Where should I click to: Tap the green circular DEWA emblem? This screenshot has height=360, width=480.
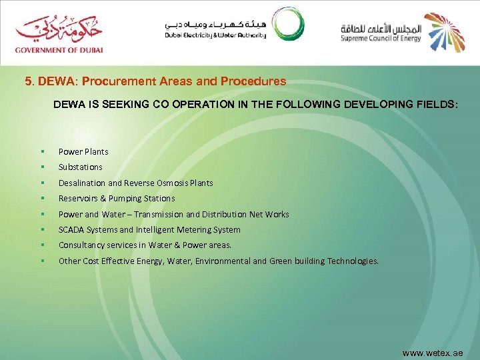(x=288, y=25)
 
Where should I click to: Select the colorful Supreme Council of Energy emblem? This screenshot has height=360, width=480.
(x=445, y=31)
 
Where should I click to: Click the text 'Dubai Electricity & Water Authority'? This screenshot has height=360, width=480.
(x=215, y=35)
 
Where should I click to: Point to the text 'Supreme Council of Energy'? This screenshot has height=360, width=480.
(x=380, y=37)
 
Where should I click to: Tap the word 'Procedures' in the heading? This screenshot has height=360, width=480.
(x=255, y=81)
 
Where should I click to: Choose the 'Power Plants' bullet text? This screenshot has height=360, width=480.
(x=83, y=151)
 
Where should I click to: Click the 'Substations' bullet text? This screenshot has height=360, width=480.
(x=80, y=167)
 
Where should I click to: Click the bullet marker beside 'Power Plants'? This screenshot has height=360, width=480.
(x=41, y=151)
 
